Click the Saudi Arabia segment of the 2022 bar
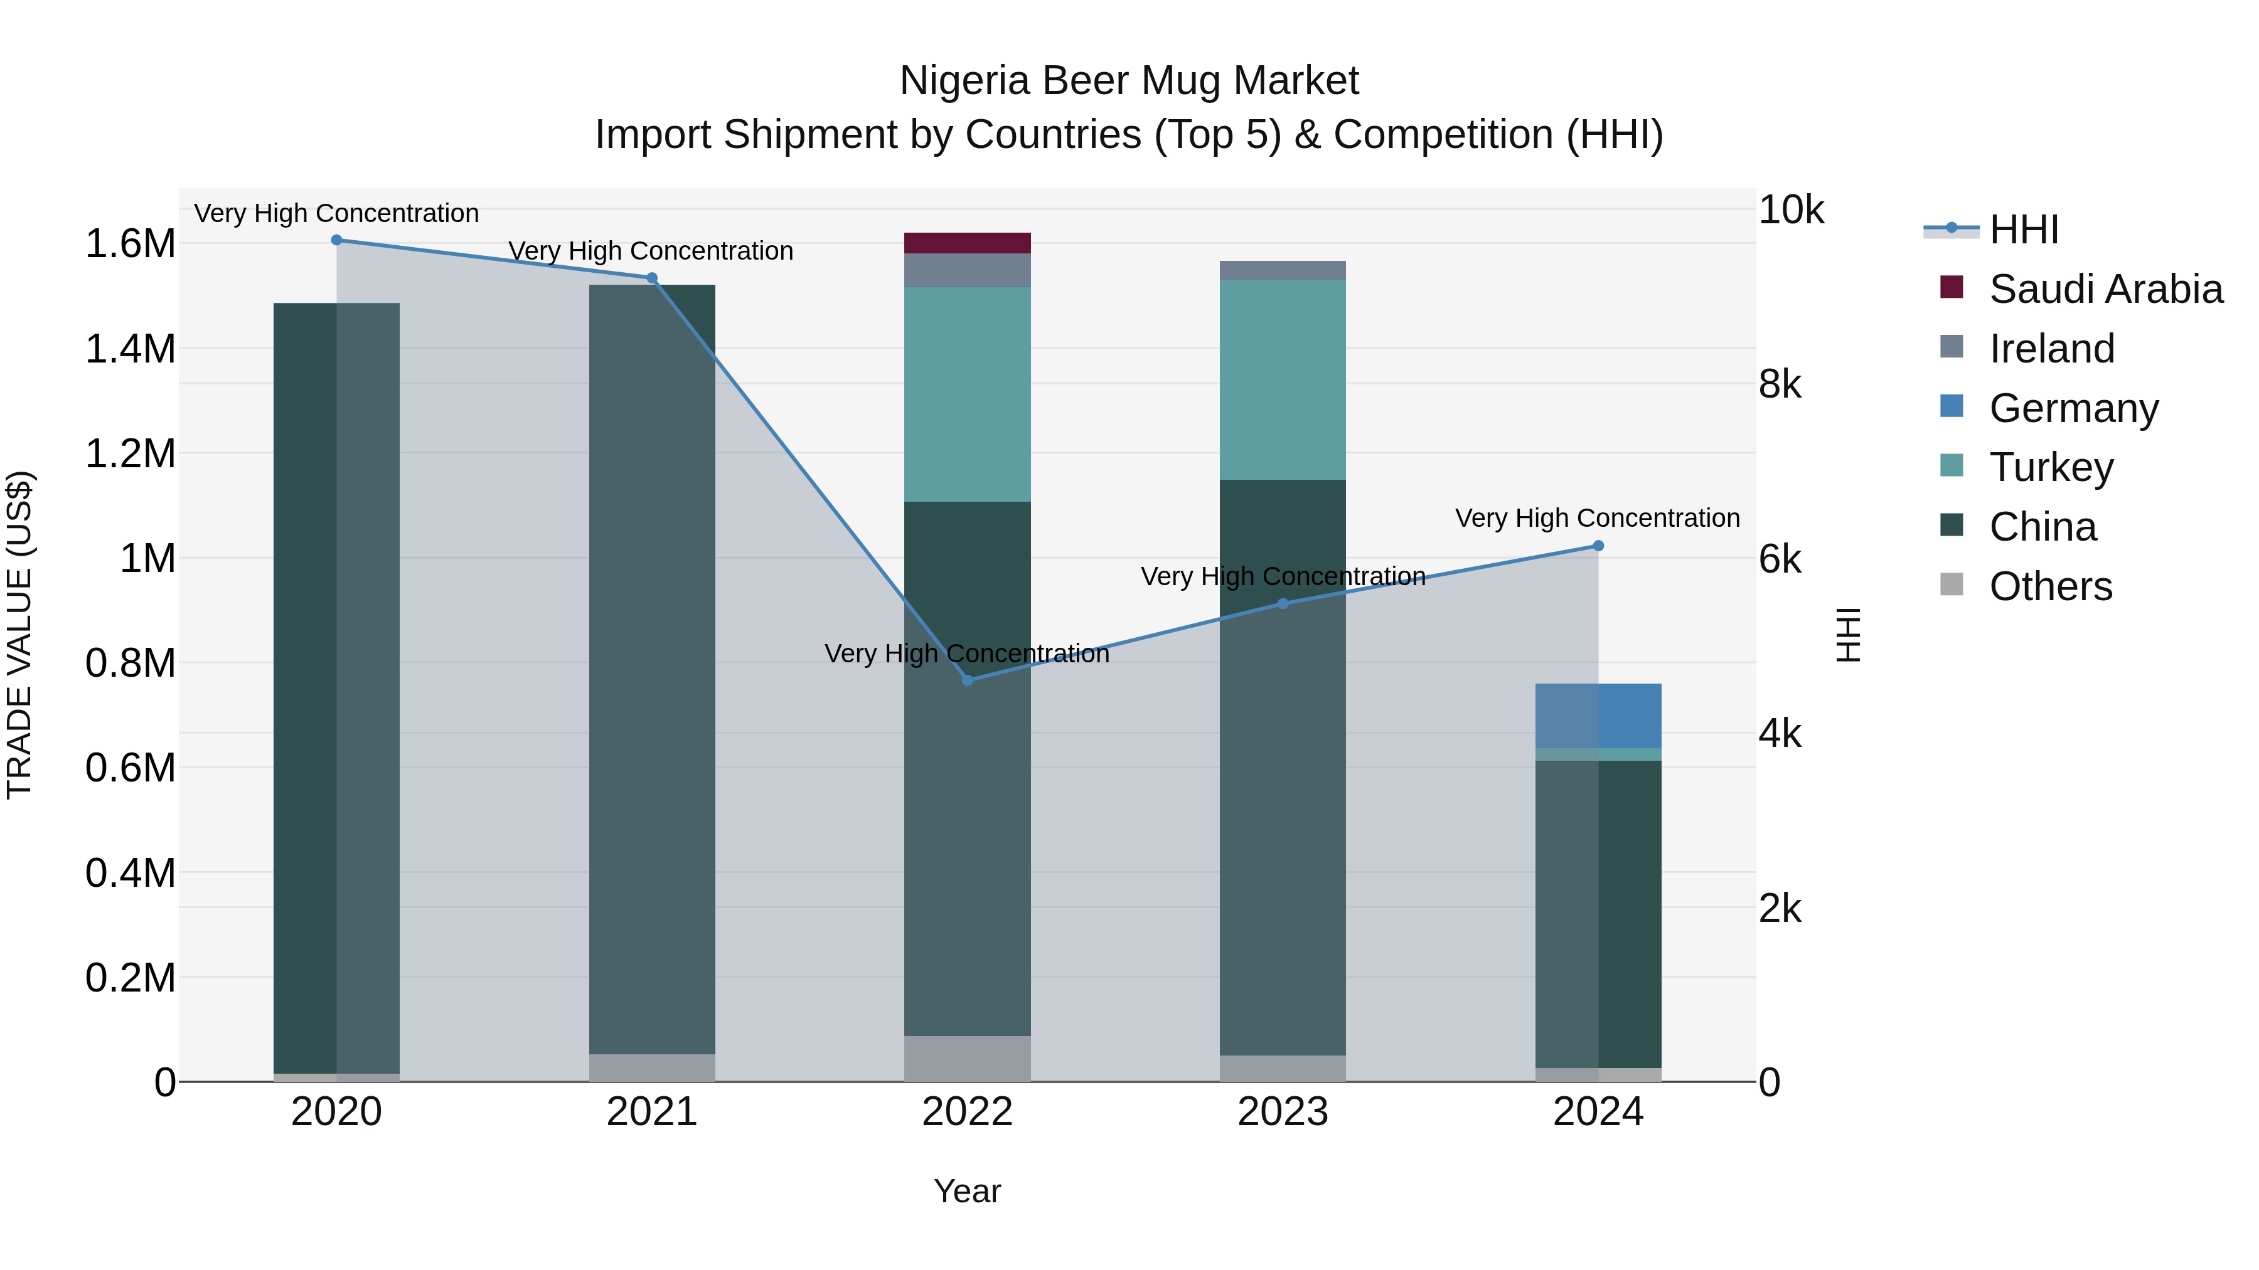(967, 243)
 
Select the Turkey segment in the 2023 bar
(1282, 379)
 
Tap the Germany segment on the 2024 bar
(1598, 715)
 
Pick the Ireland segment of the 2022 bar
(967, 270)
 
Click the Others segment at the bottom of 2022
(967, 1058)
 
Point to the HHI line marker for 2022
(967, 680)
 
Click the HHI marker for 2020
(337, 240)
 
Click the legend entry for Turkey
(2051, 467)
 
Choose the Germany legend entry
(2073, 408)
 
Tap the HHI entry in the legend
(2024, 230)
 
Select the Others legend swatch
(1951, 585)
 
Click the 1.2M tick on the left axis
(130, 454)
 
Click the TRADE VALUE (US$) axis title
(20, 635)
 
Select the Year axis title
(967, 1191)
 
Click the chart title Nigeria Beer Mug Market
(1129, 82)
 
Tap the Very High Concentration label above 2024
(1597, 518)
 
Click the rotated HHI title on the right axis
(1849, 635)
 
